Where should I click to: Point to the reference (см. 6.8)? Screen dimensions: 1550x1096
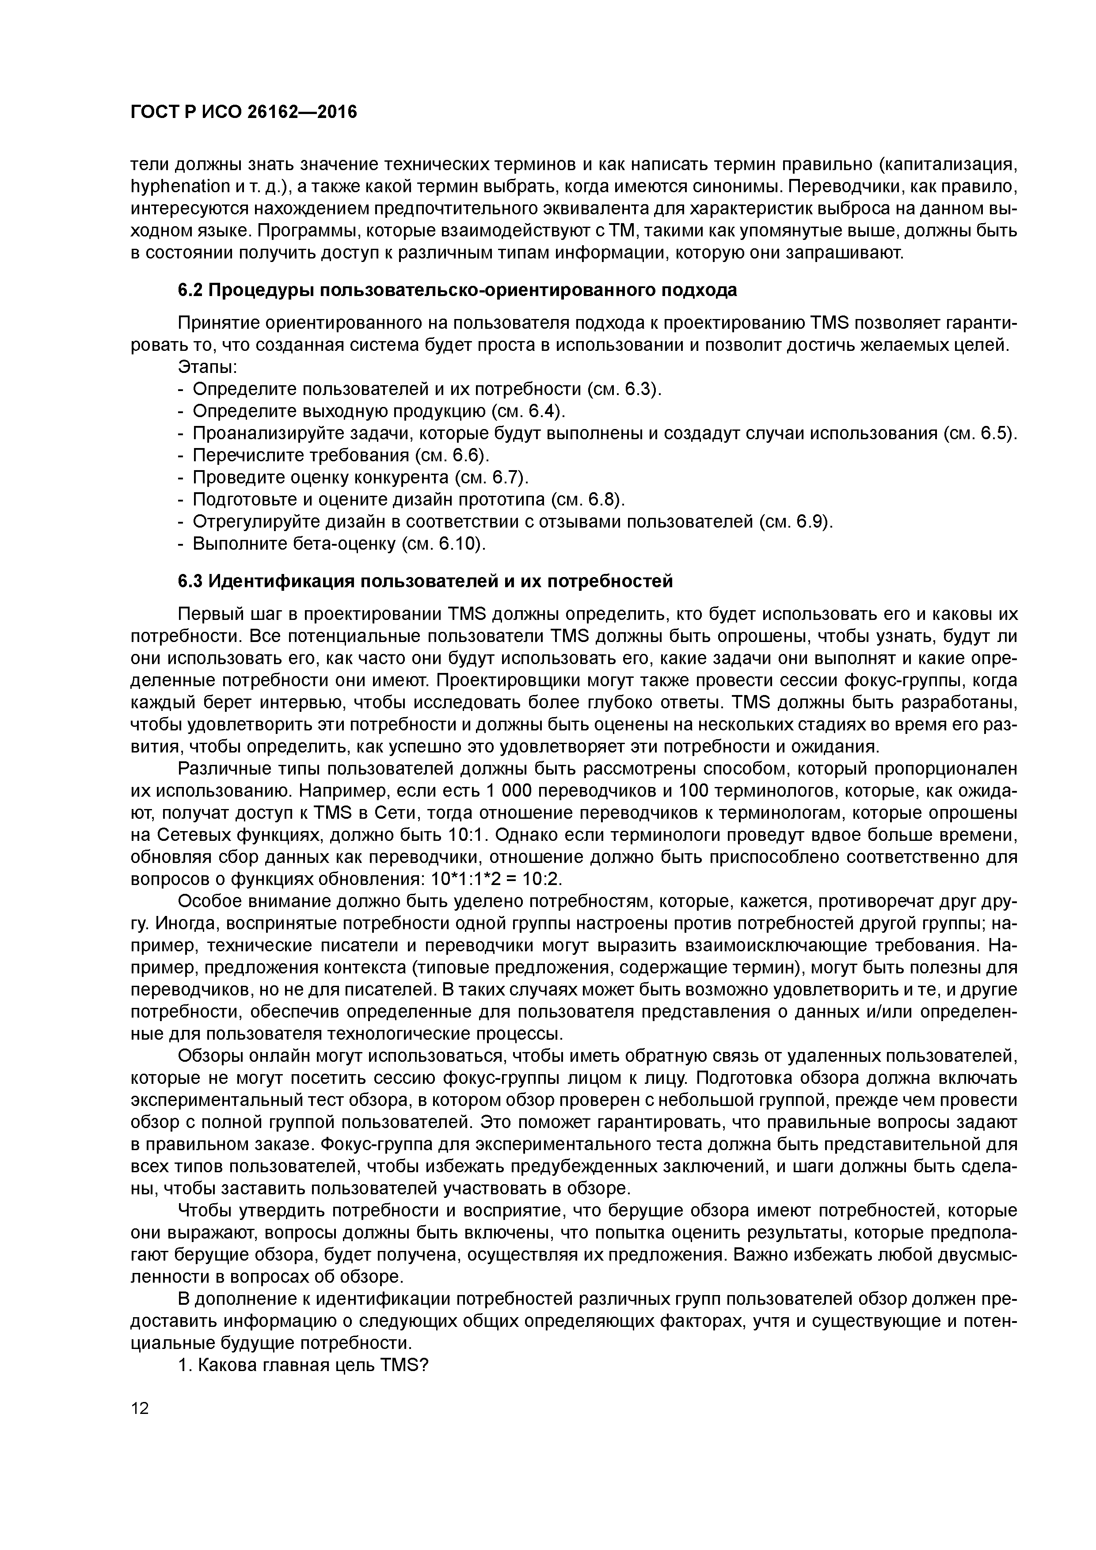pos(587,500)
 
